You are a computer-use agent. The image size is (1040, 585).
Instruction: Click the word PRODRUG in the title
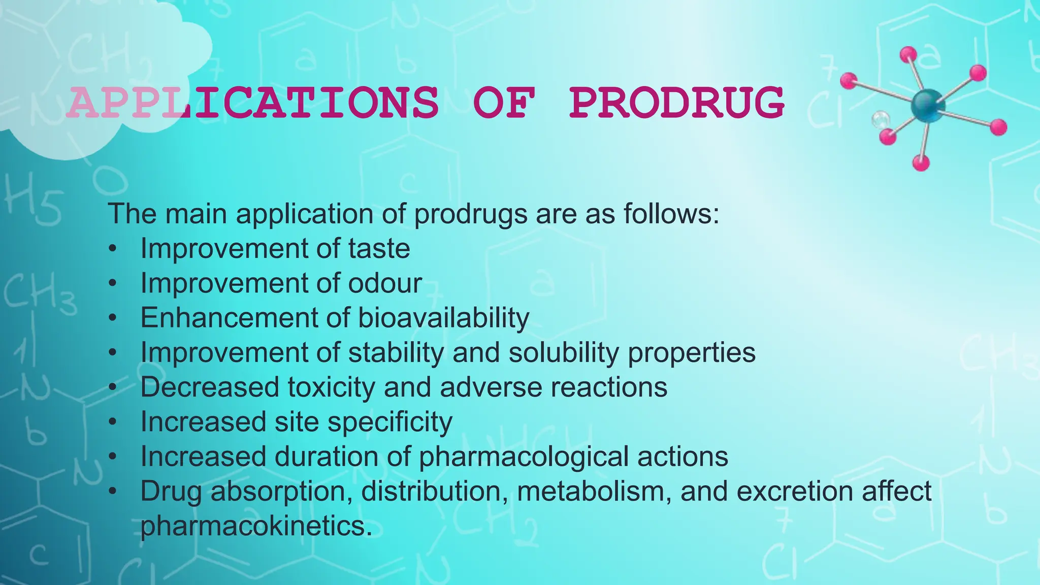676,103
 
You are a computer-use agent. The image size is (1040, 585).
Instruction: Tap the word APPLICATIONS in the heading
252,103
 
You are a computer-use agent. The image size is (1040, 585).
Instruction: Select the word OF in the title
503,103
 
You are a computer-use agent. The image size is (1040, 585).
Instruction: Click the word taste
379,249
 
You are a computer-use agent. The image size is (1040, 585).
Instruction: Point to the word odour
385,283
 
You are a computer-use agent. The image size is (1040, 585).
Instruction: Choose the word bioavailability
444,318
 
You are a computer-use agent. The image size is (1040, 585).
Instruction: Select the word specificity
389,422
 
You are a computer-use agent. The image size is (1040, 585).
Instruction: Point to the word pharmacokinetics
252,526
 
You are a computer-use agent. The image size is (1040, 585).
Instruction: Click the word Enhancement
229,318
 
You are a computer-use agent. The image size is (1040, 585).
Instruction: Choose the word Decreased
210,387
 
